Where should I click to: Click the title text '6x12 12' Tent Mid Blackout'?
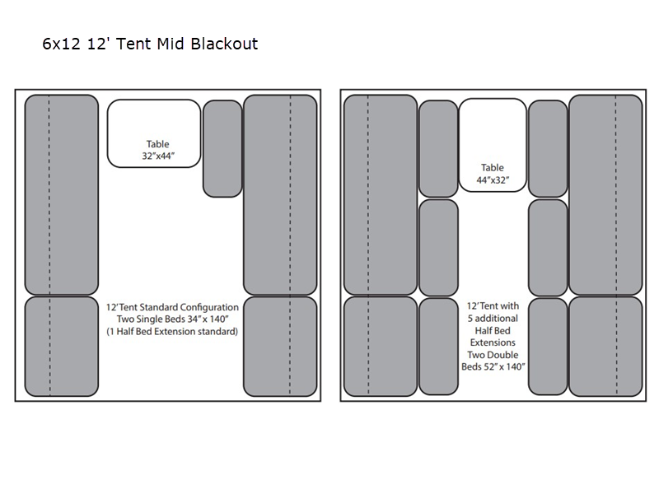[150, 44]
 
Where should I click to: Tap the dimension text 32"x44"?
[158, 155]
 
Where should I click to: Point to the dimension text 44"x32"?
[493, 179]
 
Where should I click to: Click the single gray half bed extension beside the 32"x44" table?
[222, 148]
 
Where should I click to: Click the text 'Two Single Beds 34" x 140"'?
[171, 319]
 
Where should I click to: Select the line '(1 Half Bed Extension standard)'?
[171, 332]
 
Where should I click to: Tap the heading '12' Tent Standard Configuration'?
[171, 306]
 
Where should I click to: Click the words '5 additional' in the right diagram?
[493, 317]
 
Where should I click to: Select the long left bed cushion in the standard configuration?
[50, 194]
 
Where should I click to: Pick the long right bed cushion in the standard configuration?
[280, 194]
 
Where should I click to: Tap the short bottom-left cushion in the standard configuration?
[50, 346]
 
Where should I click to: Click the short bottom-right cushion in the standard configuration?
[280, 346]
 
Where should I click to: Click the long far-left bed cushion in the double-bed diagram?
[380, 194]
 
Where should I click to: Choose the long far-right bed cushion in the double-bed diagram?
[605, 194]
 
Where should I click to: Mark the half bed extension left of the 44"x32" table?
[438, 148]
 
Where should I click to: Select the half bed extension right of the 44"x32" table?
[548, 148]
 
